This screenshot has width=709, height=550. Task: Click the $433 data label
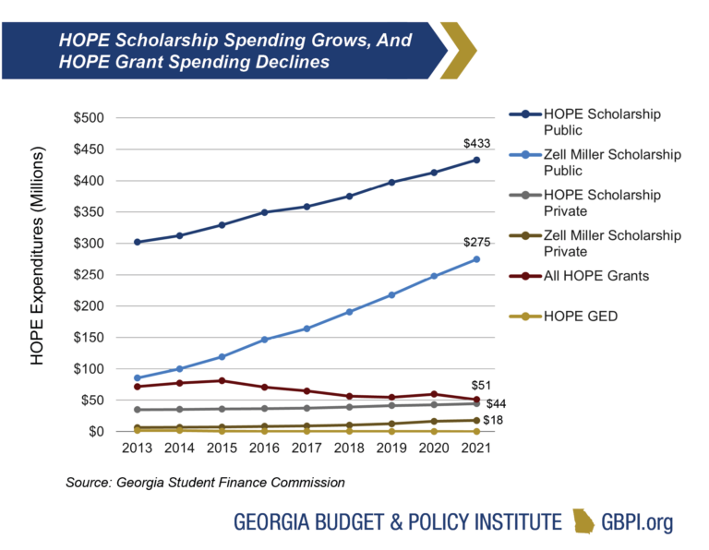476,143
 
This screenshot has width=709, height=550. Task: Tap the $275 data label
476,243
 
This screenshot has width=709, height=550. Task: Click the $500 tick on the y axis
91,118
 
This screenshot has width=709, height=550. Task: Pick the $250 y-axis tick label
91,275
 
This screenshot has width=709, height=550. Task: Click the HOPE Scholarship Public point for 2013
138,242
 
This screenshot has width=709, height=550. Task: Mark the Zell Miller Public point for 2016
265,340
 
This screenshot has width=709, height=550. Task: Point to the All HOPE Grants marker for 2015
222,380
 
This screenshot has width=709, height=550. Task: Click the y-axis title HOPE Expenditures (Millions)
38,274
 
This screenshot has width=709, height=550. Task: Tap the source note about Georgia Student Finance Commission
204,482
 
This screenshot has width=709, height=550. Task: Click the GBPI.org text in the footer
637,522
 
